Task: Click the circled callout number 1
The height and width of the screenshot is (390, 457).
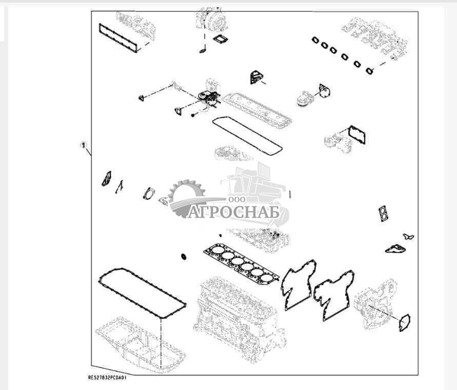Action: (x=84, y=145)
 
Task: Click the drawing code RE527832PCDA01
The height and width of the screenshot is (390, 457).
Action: (x=107, y=378)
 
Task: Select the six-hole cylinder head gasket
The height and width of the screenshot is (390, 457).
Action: (x=242, y=263)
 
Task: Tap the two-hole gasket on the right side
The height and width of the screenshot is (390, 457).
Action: (x=383, y=214)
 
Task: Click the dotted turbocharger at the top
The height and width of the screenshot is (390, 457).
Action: (x=211, y=19)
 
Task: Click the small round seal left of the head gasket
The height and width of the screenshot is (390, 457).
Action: (x=184, y=257)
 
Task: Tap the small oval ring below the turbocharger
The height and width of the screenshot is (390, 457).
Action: (x=203, y=51)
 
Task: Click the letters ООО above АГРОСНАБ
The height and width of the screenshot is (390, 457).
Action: (x=236, y=199)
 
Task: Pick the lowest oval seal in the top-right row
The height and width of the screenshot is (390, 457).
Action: (x=370, y=71)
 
